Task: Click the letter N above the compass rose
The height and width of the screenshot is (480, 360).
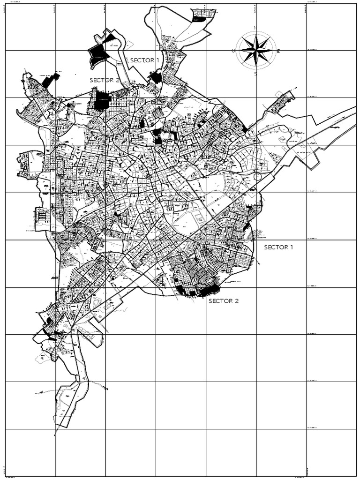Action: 255,29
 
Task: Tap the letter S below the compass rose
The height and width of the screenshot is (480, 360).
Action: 255,73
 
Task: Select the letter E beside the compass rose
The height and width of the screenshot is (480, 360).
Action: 278,52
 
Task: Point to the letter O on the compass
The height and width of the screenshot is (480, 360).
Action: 233,51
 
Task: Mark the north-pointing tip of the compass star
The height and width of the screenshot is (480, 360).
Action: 255,33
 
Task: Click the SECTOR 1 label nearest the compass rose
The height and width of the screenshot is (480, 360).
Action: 144,60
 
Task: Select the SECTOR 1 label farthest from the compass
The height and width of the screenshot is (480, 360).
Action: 278,247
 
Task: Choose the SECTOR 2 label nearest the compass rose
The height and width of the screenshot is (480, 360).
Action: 105,80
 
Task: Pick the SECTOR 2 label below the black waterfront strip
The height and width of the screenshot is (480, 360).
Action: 224,301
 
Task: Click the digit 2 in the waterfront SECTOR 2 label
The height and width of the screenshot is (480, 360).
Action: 236,301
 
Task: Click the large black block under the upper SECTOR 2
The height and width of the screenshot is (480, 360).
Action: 102,101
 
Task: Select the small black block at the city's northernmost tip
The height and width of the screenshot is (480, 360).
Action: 199,19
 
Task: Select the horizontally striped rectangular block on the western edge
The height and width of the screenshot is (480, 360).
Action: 42,216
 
